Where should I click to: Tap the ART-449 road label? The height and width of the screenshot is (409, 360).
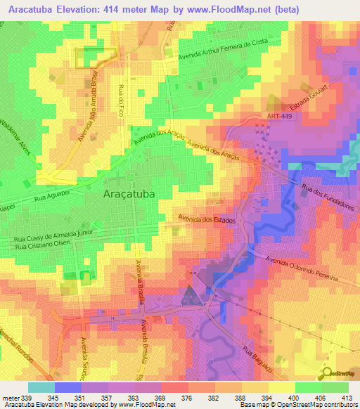click(x=280, y=117)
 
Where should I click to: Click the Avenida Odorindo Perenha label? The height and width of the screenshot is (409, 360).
click(x=302, y=269)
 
